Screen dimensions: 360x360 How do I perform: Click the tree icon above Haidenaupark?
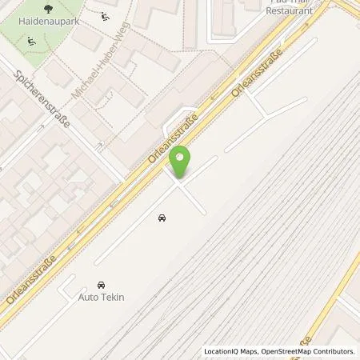49,9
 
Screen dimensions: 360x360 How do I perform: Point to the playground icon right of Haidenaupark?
106,16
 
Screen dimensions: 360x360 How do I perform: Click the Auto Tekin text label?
102,297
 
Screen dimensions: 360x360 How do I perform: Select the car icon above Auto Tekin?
101,285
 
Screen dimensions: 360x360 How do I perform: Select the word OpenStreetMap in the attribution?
285,351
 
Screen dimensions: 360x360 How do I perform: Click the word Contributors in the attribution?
334,351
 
